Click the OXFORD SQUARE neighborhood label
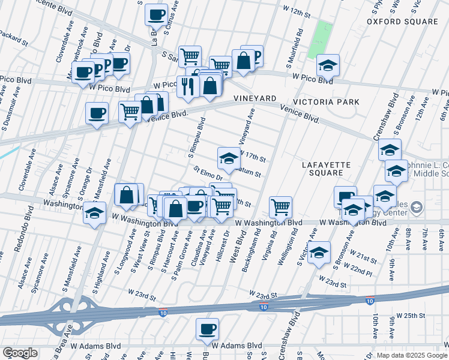403,22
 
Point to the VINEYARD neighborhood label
255,98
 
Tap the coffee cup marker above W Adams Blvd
207,329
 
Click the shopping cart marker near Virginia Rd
280,208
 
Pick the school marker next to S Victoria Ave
320,251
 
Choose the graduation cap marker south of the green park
328,65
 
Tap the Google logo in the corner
19,353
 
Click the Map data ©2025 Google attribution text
411,355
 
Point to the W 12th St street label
300,11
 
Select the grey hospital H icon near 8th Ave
417,208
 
